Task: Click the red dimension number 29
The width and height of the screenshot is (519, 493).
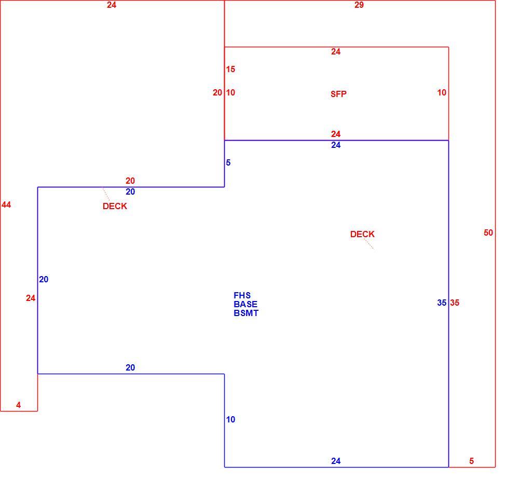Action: click(x=359, y=5)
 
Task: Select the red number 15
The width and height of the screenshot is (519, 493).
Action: click(x=230, y=69)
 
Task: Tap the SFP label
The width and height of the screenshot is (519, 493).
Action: click(x=338, y=94)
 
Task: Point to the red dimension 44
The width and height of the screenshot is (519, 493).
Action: click(x=6, y=205)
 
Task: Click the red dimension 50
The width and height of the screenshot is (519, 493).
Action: click(x=488, y=232)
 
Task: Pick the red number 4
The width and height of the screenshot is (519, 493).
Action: click(x=19, y=405)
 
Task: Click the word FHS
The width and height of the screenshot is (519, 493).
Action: click(x=242, y=295)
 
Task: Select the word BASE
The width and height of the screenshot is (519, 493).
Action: click(x=245, y=304)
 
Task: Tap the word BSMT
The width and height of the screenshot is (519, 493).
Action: click(x=246, y=313)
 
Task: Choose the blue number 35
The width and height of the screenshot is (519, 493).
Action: click(x=442, y=303)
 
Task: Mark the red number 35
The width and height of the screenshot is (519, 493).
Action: click(x=455, y=303)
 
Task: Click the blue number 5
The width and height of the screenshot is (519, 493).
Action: click(x=228, y=162)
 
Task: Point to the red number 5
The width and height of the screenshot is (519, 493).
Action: click(x=471, y=461)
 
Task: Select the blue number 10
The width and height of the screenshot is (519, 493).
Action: click(x=230, y=419)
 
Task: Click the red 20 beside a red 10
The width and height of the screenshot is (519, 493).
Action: click(x=217, y=93)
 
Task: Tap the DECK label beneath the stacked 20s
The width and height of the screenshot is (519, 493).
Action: click(x=115, y=206)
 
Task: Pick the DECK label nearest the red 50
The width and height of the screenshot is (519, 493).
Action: click(x=362, y=234)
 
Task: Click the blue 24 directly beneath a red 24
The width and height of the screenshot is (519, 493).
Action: click(x=336, y=145)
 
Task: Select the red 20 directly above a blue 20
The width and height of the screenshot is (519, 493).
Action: click(x=130, y=181)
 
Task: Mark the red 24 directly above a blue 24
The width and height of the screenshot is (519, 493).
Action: click(x=336, y=134)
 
